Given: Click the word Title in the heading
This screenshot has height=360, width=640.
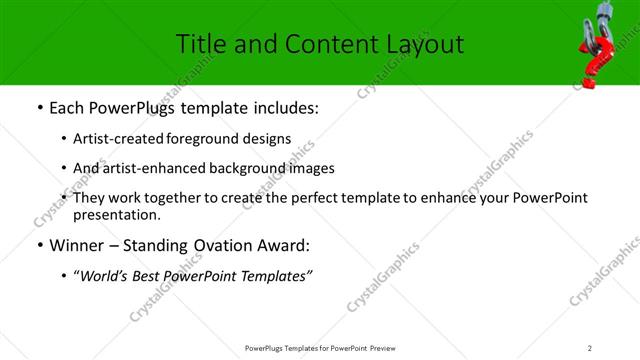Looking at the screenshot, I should click(x=199, y=44).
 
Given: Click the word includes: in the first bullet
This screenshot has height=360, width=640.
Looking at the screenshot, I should click(x=285, y=108).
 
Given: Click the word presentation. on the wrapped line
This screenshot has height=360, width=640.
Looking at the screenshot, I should click(x=116, y=214).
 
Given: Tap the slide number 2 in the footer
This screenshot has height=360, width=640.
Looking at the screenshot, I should click(x=590, y=348).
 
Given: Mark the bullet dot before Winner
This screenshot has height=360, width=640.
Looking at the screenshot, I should click(x=39, y=246).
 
